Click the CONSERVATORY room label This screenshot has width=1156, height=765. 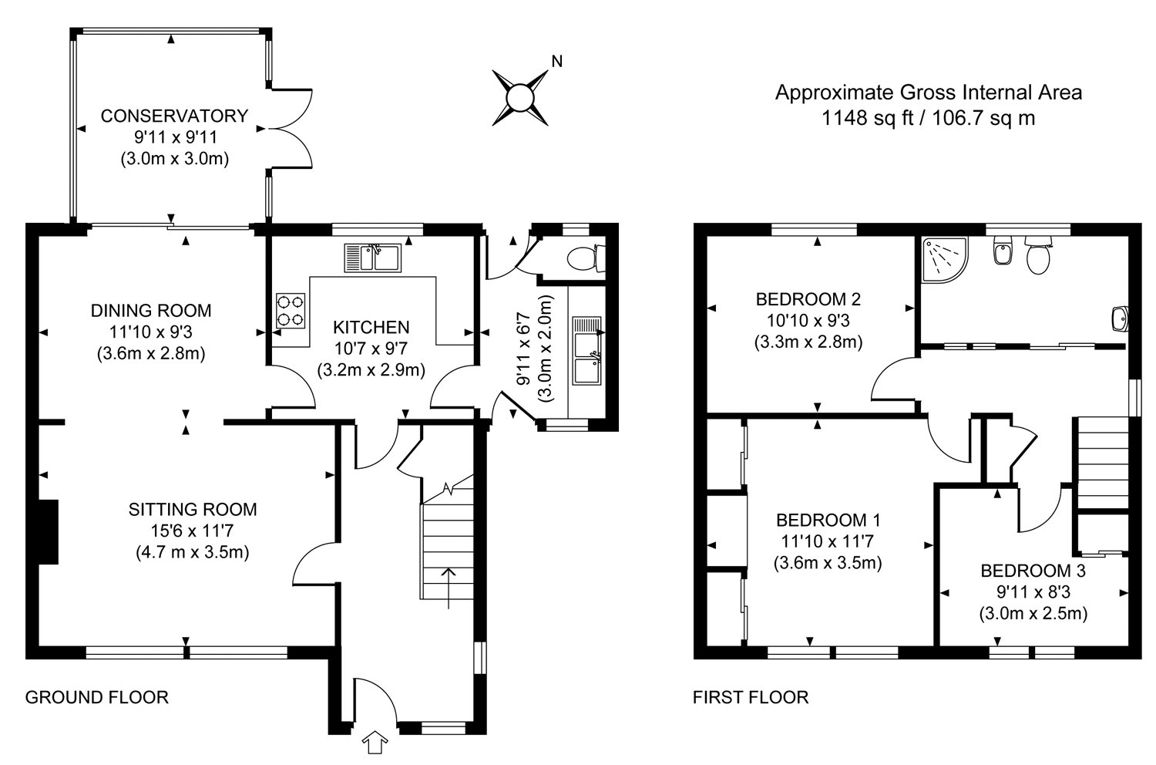click(174, 116)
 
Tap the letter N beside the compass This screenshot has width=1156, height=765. click(557, 62)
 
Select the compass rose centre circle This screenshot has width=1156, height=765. click(519, 98)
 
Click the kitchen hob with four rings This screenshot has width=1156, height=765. click(291, 311)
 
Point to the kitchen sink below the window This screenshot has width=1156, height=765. click(372, 258)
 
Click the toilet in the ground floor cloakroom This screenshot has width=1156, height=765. click(586, 258)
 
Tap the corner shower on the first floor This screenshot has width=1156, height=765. click(945, 261)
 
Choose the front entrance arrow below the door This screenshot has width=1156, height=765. click(375, 743)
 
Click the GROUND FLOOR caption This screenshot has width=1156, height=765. click(97, 697)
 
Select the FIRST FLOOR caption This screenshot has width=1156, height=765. click(751, 697)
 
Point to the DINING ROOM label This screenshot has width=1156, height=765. click(151, 311)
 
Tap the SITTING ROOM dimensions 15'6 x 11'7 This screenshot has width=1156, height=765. click(192, 531)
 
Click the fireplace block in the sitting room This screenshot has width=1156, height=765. click(49, 531)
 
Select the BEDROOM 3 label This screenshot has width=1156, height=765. click(1033, 571)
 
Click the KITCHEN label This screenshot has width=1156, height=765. click(371, 327)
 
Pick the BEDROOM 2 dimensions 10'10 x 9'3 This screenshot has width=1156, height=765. click(808, 320)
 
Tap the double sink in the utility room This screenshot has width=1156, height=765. click(587, 350)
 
